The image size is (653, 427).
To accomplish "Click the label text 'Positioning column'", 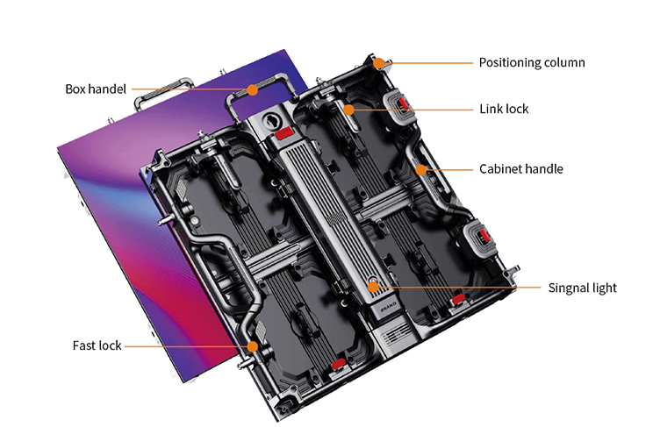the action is point(532,63).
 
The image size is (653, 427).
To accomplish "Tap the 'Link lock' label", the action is point(504,109).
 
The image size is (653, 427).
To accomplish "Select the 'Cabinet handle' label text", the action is point(521,169).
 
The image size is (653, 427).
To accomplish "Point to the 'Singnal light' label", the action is point(582,288).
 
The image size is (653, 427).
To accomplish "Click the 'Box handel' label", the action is point(96,89).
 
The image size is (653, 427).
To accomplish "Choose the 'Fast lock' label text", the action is point(97,345).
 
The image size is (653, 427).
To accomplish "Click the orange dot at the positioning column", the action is point(378,63).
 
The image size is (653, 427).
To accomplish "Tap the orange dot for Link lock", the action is point(349,110).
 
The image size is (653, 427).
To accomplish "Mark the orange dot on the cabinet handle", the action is point(421,170).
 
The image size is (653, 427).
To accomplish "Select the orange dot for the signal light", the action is point(373,287).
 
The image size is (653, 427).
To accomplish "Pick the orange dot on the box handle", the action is point(252,89).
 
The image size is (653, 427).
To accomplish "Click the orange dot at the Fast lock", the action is point(253,346).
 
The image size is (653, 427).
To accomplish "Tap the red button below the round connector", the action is point(284,133).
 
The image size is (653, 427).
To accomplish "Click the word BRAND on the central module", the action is point(388,307).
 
